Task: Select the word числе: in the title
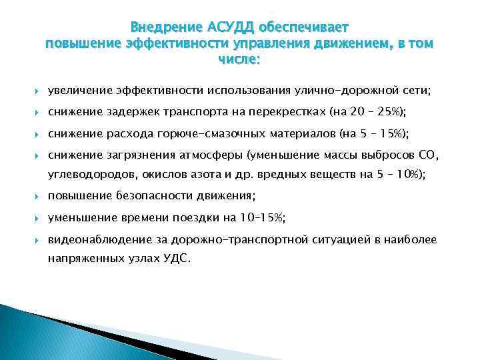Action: (x=239, y=60)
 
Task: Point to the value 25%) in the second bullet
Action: (x=390, y=111)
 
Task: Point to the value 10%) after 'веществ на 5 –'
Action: (x=409, y=175)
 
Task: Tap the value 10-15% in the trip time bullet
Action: (x=262, y=218)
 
